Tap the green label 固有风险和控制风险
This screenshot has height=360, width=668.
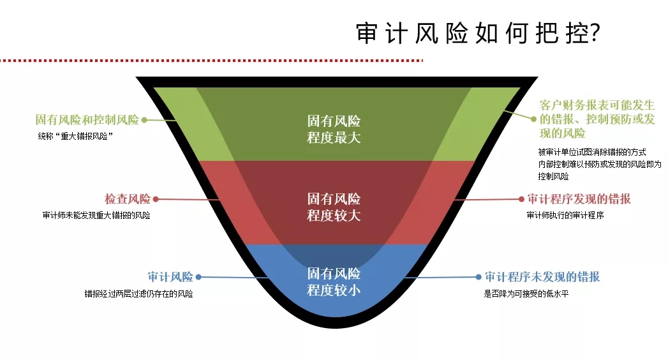coord(87,120)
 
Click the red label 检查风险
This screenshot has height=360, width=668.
coord(127,199)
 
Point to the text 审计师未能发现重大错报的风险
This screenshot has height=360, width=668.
coord(96,215)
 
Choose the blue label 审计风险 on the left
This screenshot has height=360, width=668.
coord(170,277)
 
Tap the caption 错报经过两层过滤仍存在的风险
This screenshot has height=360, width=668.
coord(139,294)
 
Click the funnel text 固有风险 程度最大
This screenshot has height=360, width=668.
coord(334,129)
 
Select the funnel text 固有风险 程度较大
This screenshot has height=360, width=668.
coord(334,207)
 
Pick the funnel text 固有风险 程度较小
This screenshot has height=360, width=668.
coord(334,281)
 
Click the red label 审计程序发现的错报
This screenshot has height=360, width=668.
coord(579,199)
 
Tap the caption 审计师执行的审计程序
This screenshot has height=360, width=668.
coord(565,215)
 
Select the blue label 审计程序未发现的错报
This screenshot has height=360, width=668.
coord(542,277)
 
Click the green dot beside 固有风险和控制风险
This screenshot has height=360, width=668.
coord(144,119)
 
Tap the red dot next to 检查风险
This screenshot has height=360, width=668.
coord(156,199)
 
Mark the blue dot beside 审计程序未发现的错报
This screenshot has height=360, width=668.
coord(478,277)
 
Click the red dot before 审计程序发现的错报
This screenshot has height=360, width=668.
coord(521,199)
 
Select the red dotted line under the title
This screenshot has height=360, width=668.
coord(211,61)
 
